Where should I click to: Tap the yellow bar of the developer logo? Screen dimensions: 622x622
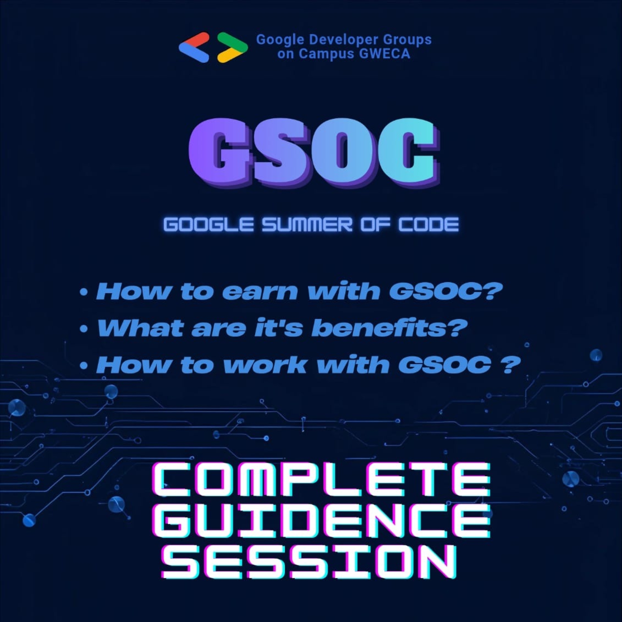(228, 56)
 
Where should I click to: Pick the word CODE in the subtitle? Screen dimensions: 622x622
(428, 224)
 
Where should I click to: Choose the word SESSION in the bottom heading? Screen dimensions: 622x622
(309, 563)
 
